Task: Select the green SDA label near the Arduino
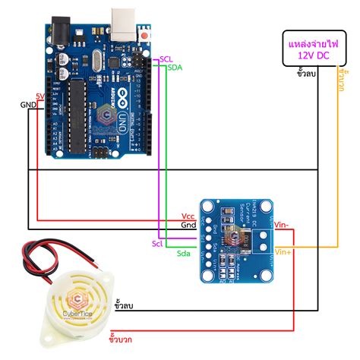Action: point(174,68)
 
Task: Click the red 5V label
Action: point(40,96)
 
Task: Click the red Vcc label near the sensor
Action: point(189,217)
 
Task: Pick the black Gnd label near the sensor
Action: point(189,226)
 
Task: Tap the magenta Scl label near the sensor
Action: point(157,243)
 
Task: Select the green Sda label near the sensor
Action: point(184,252)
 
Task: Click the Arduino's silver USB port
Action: point(122,21)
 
